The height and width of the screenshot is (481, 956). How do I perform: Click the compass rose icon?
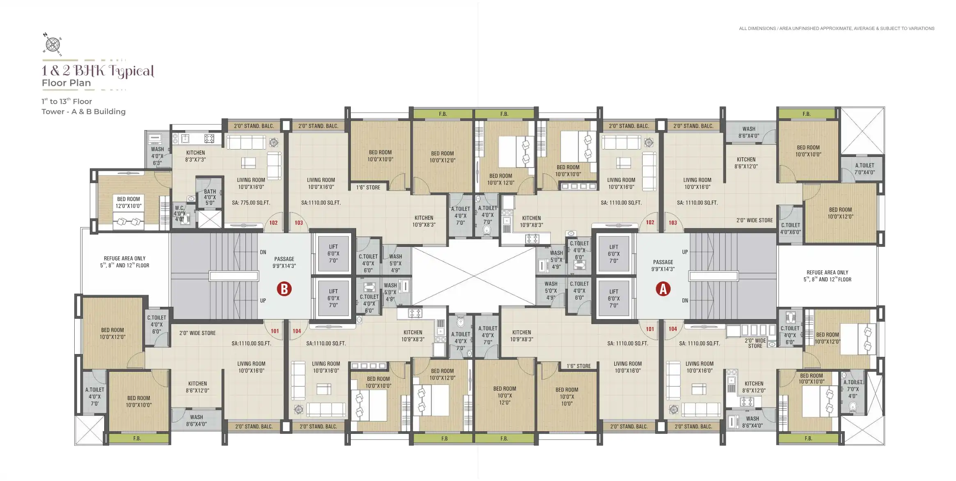53,44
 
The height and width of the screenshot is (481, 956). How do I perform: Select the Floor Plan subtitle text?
66,83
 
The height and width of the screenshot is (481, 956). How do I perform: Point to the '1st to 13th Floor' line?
66,101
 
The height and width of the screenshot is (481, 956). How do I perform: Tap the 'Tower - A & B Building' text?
84,112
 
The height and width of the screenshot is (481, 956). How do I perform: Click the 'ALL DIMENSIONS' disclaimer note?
837,29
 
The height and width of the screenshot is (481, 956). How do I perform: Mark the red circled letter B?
284,289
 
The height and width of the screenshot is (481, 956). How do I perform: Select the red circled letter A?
663,289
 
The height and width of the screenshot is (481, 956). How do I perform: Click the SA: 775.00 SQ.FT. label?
251,203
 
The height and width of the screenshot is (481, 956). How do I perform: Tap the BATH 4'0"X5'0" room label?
210,197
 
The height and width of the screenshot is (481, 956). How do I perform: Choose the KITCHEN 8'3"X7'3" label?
195,156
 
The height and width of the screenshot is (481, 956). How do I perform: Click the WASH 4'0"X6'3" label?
157,156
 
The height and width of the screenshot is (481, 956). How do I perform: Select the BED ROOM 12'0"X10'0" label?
128,203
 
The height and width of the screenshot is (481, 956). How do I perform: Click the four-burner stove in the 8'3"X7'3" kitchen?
209,138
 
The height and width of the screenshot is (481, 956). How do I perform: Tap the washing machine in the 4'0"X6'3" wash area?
155,138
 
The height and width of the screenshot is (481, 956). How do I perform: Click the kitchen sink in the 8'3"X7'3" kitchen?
185,138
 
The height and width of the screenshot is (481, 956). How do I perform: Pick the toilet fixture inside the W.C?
185,219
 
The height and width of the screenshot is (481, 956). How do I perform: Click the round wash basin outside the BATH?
191,199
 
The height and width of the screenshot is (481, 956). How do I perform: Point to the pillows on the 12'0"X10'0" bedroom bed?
128,222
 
